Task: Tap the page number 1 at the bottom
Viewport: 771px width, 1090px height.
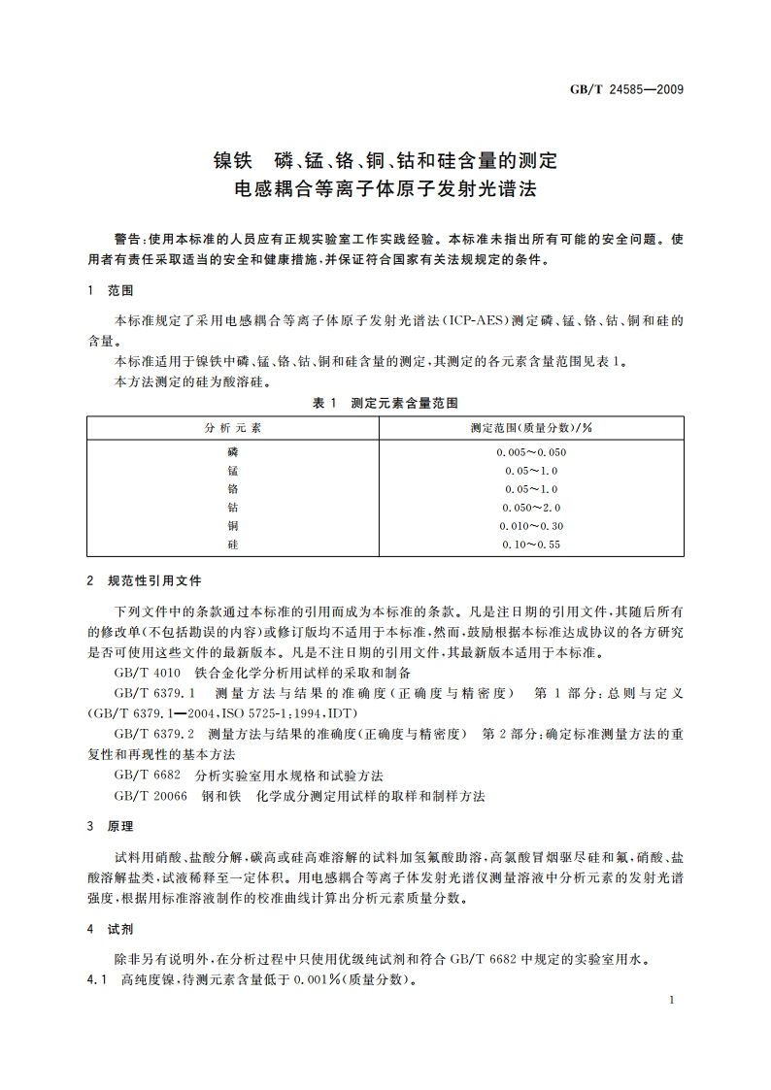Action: coord(672,1000)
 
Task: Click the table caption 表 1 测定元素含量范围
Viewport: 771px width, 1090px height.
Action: coord(385,402)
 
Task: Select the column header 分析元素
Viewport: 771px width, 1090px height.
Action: coord(233,427)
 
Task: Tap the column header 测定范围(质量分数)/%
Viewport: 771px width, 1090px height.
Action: coord(531,427)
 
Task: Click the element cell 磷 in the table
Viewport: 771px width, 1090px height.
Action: coord(233,452)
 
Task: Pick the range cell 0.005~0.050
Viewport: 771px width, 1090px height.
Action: coord(531,452)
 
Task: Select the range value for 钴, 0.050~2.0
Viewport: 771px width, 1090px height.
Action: coord(531,508)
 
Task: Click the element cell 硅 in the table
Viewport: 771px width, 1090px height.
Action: coord(233,545)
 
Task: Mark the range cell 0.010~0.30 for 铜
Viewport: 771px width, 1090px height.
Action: coord(531,526)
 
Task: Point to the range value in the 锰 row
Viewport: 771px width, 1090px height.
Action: coord(531,471)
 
